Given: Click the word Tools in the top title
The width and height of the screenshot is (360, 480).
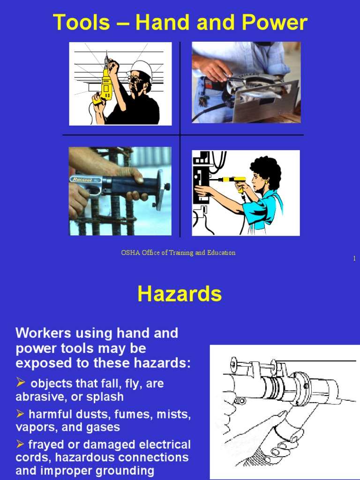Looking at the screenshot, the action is click(82, 22).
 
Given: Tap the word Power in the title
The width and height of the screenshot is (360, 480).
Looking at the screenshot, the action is click(275, 22).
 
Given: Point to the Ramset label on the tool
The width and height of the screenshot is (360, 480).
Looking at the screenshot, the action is click(82, 180).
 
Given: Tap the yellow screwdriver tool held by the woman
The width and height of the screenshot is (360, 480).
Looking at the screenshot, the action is click(232, 180).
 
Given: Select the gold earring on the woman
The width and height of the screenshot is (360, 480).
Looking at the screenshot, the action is click(267, 182).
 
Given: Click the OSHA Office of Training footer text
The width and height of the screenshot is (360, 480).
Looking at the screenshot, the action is click(178, 253).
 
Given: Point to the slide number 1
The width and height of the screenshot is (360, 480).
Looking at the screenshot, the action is click(354, 258).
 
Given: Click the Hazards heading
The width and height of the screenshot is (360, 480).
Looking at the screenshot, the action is click(180, 293).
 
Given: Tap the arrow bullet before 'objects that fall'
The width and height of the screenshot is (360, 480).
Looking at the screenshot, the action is click(21, 382).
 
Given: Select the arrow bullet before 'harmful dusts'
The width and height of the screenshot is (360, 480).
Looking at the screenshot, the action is click(20, 414).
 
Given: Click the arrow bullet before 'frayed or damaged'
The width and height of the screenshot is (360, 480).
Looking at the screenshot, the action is click(20, 444).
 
